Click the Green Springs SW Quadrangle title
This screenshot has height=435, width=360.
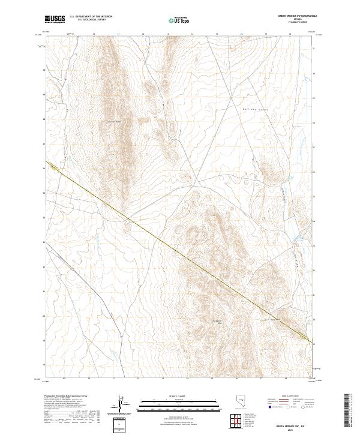(x=298, y=16)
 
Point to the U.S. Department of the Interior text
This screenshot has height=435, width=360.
(x=91, y=17)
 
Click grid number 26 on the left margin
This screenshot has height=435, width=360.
(x=44, y=169)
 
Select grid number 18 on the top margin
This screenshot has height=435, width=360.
(x=290, y=35)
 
